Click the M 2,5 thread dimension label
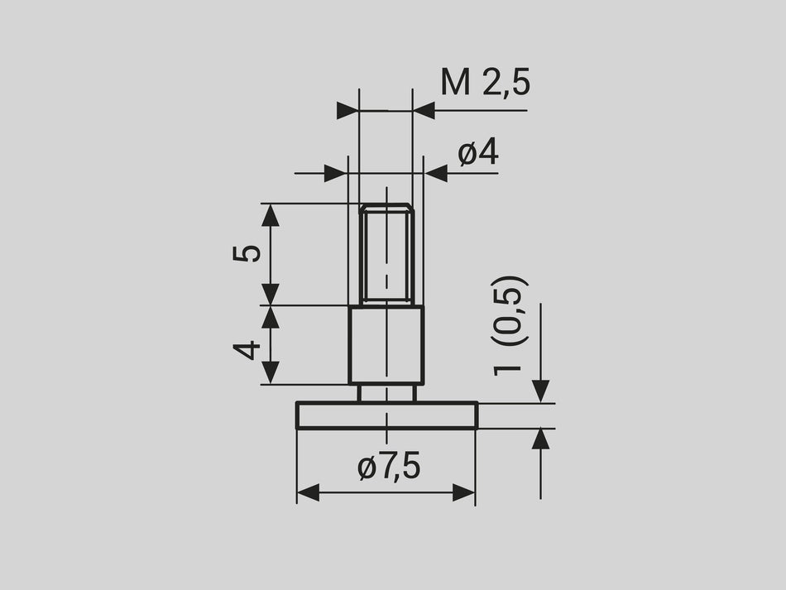[x=484, y=83]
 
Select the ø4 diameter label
[x=478, y=153]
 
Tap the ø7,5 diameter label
[x=389, y=468]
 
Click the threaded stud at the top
[x=386, y=253]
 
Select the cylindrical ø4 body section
[x=386, y=344]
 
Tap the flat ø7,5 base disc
[x=386, y=415]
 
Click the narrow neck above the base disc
[x=386, y=393]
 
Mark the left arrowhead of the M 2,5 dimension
[x=348, y=111]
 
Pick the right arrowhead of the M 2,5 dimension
[x=424, y=111]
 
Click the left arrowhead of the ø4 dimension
[x=335, y=173]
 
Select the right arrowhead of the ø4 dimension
[x=436, y=173]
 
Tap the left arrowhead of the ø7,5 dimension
[x=308, y=493]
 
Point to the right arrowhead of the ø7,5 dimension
[x=464, y=493]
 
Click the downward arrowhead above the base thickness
[x=540, y=391]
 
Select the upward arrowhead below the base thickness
[x=540, y=439]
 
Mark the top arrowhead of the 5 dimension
[x=271, y=215]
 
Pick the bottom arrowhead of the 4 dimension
[x=271, y=372]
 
